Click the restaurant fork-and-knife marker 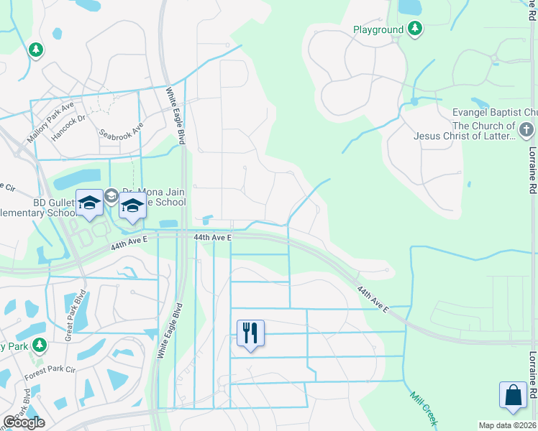[250, 333]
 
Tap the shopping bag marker [513, 396]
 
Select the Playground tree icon [415, 29]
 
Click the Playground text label [378, 29]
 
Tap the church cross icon [526, 130]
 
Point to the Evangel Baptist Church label [495, 113]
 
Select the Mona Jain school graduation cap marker [132, 205]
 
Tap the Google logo [24, 422]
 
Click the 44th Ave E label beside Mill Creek [374, 299]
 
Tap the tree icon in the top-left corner [35, 50]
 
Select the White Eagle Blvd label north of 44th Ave [176, 116]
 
